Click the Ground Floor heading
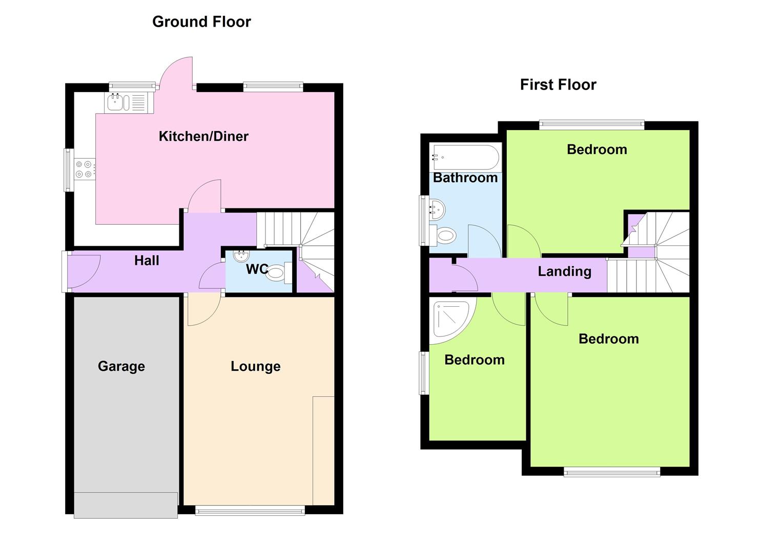(x=201, y=22)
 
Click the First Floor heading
(x=558, y=84)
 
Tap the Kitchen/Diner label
(x=203, y=136)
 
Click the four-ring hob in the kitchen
(x=85, y=169)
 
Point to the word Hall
(x=147, y=261)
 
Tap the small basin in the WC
(x=241, y=257)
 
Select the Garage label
(x=121, y=366)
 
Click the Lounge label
(x=256, y=366)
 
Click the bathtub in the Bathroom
(x=465, y=157)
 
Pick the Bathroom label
(x=465, y=178)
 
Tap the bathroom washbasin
(x=437, y=209)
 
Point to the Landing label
(x=564, y=271)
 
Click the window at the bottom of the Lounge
(x=250, y=510)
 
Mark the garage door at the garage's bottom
(x=126, y=505)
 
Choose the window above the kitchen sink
(x=132, y=87)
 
